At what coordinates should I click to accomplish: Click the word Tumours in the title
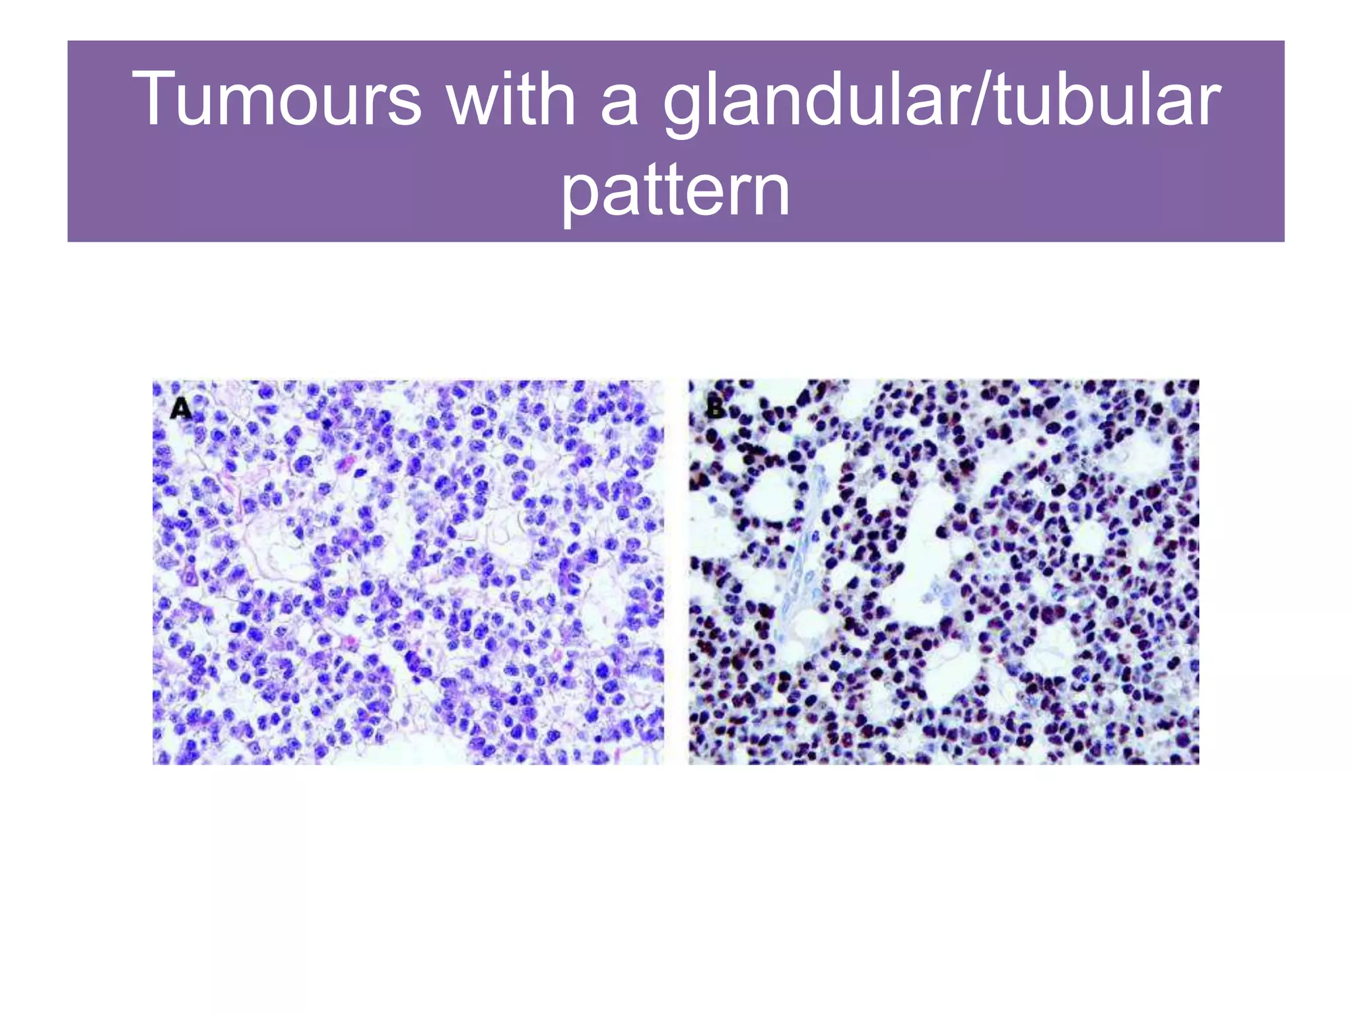pyautogui.click(x=277, y=99)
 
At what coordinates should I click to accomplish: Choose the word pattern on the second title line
pyautogui.click(x=675, y=191)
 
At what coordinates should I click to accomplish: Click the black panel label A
pyautogui.click(x=180, y=409)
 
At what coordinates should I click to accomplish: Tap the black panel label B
pyautogui.click(x=716, y=408)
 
